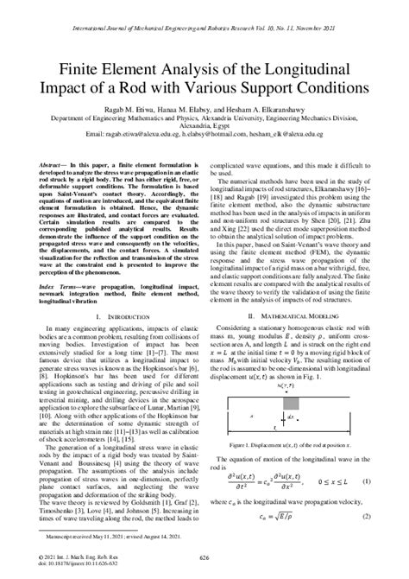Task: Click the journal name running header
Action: [204, 16]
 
